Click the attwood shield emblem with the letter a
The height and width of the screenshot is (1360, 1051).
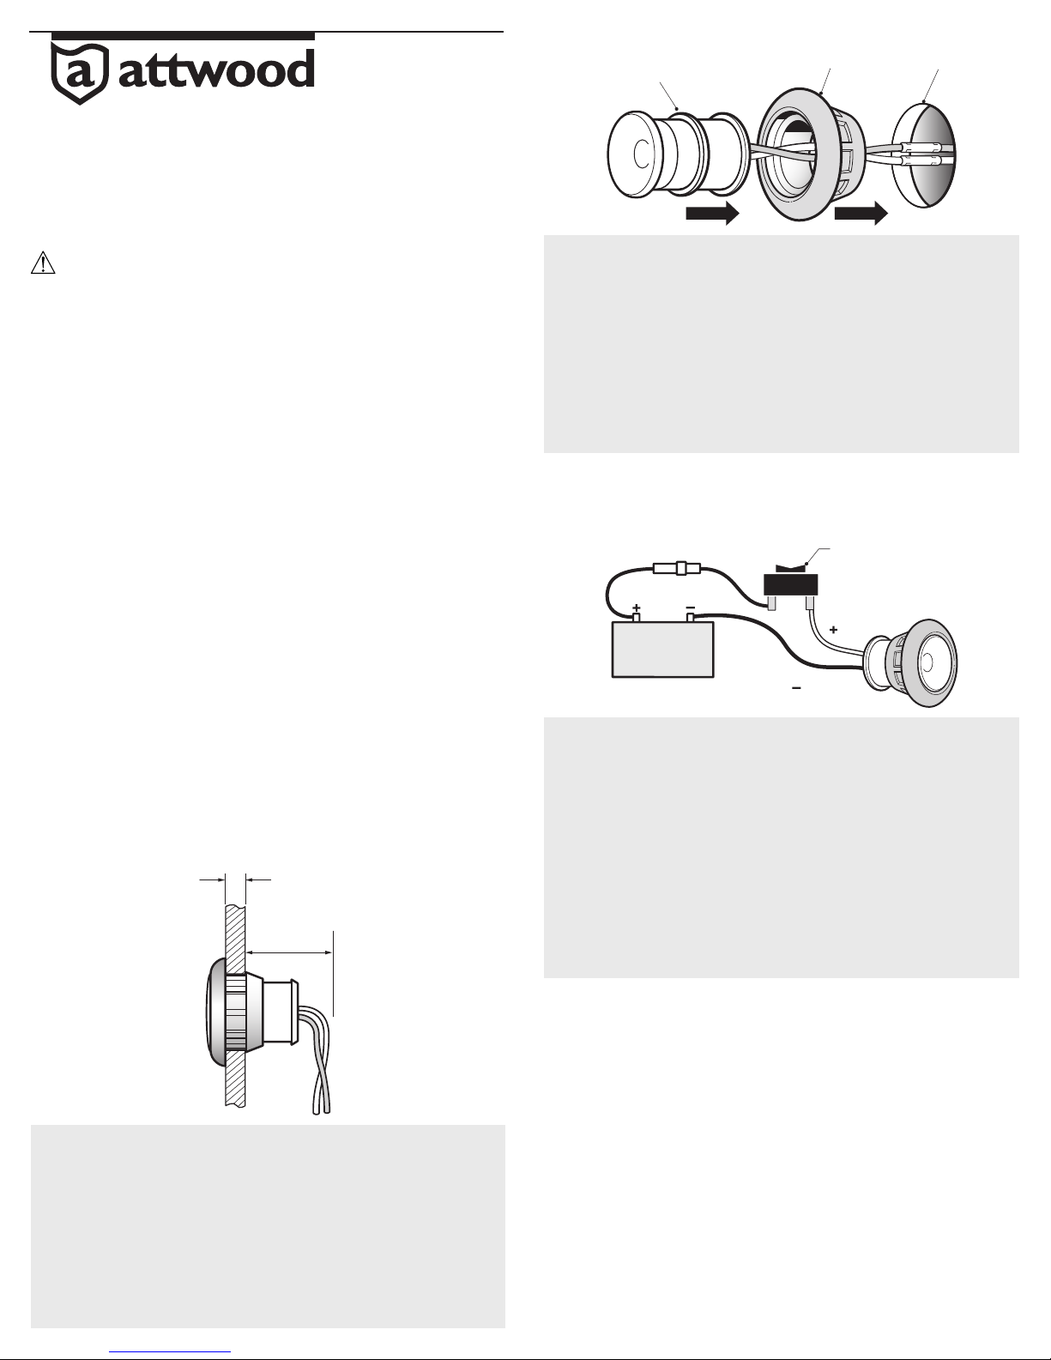[x=80, y=73]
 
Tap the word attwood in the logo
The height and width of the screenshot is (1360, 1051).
[x=216, y=69]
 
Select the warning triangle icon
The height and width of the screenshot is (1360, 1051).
[x=43, y=263]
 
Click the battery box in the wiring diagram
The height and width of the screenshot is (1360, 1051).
[x=662, y=650]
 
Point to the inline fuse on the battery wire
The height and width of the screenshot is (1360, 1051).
[x=678, y=569]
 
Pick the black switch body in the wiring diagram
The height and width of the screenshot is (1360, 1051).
[x=791, y=584]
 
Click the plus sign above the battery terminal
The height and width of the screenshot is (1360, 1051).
[x=637, y=607]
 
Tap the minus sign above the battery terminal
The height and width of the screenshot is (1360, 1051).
[x=691, y=607]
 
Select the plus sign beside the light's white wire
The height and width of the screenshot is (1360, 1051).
[x=833, y=630]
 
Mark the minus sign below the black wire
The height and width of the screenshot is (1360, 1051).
[x=796, y=688]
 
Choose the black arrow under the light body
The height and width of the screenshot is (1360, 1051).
[x=713, y=214]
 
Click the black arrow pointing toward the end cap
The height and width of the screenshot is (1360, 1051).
[x=861, y=214]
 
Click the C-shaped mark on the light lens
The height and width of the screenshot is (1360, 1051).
[x=641, y=154]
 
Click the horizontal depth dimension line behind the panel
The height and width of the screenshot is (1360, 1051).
[x=289, y=953]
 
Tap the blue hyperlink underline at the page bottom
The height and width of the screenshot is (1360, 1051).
[x=170, y=1351]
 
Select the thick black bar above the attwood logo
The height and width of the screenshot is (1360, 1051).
[x=183, y=36]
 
